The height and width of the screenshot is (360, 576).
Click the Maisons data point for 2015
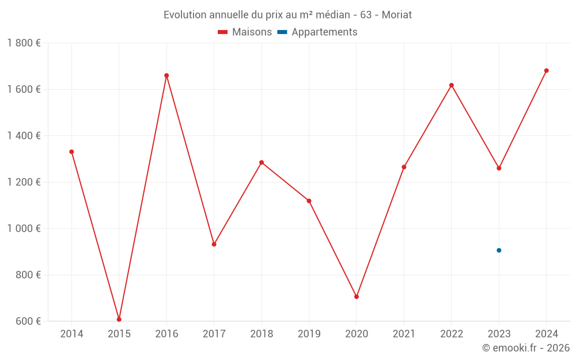pyautogui.click(x=119, y=319)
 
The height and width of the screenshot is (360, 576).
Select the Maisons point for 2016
pyautogui.click(x=166, y=75)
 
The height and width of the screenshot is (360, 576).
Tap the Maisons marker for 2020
pyautogui.click(x=357, y=297)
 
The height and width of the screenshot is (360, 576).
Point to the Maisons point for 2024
pyautogui.click(x=547, y=71)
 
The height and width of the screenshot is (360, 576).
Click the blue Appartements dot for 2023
pyautogui.click(x=499, y=250)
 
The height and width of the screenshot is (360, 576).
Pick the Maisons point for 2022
pyautogui.click(x=452, y=85)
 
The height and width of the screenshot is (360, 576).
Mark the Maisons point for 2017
pyautogui.click(x=214, y=244)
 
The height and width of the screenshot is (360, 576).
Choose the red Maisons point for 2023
pyautogui.click(x=499, y=168)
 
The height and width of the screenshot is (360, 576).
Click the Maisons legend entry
pyautogui.click(x=245, y=32)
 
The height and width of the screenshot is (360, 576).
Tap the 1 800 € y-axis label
pyautogui.click(x=24, y=43)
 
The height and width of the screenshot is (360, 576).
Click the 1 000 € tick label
pyautogui.click(x=24, y=229)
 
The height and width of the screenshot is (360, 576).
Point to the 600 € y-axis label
pyautogui.click(x=28, y=321)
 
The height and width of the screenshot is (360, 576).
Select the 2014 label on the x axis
pyautogui.click(x=71, y=334)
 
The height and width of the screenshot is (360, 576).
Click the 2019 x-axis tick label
pyautogui.click(x=309, y=334)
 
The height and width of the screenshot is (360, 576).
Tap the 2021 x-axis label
pyautogui.click(x=404, y=334)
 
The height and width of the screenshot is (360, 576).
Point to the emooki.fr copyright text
pyautogui.click(x=526, y=348)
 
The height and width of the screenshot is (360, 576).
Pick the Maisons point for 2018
pyautogui.click(x=262, y=162)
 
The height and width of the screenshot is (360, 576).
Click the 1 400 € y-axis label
pyautogui.click(x=24, y=136)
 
